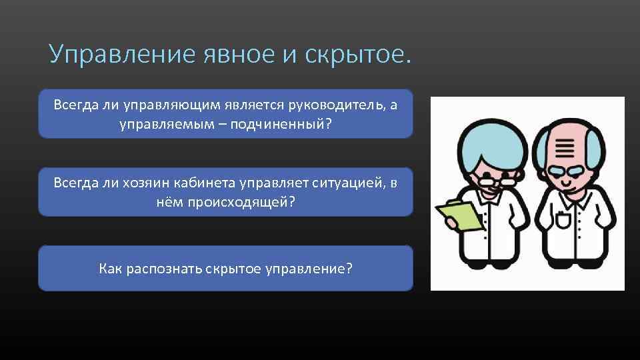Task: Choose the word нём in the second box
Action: (x=171, y=202)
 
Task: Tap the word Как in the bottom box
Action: (x=109, y=269)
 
